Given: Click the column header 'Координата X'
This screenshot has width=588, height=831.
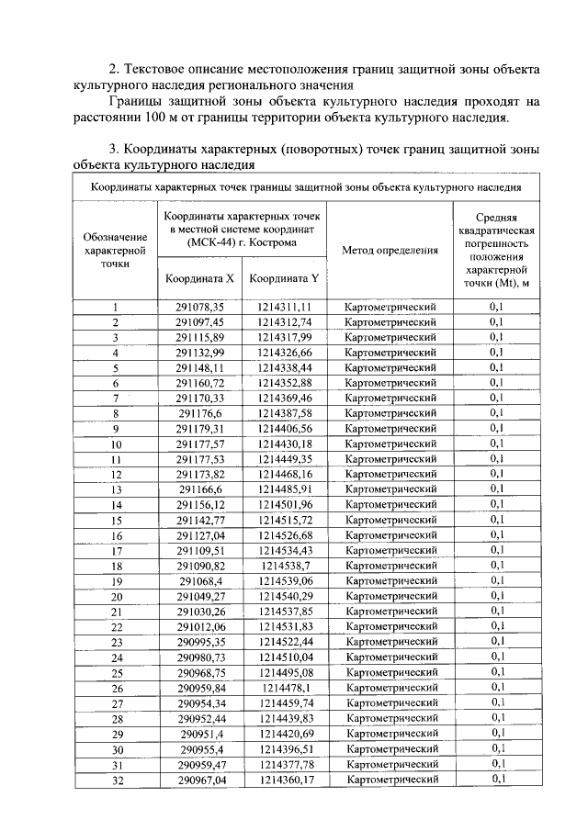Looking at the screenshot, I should tap(199, 277).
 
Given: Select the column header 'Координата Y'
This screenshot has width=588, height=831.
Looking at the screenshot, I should tap(285, 277).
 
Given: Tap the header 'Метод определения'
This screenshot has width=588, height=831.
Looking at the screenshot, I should tap(390, 251).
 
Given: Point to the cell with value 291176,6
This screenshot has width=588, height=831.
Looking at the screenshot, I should tap(200, 414).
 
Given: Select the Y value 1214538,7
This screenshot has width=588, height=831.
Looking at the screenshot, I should tap(286, 566).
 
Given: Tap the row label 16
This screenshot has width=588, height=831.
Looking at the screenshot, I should tap(117, 535).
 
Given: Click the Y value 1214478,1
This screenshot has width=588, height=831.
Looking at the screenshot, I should tap(286, 687).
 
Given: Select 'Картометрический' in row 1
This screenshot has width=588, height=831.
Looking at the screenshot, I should tap(390, 308).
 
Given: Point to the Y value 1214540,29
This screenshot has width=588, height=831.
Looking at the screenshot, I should tap(286, 596).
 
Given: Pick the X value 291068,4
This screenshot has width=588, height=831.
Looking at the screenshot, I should tap(200, 581).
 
